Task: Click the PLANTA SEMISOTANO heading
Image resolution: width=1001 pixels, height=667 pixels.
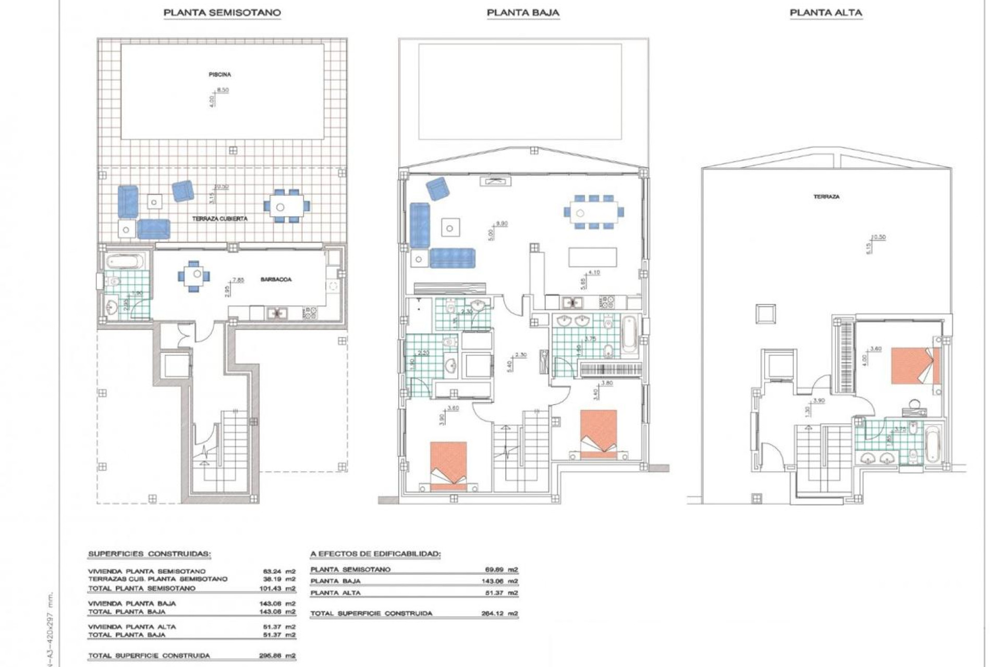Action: (222, 13)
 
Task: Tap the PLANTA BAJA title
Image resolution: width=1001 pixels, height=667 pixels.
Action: (523, 13)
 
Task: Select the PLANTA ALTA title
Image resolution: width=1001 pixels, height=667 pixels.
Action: (826, 13)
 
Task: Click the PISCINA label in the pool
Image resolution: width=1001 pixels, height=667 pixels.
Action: (219, 75)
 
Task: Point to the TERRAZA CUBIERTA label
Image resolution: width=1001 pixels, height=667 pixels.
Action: (219, 219)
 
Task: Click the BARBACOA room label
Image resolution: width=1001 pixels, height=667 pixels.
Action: (276, 280)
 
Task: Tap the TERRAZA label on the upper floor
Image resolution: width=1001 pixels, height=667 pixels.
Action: (826, 197)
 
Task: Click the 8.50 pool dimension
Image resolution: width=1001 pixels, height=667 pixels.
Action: (223, 90)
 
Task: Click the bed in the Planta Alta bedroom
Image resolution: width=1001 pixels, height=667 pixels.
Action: (915, 366)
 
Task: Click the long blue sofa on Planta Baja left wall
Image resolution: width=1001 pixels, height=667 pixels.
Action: (420, 225)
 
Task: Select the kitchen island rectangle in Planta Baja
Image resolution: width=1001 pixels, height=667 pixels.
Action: (592, 257)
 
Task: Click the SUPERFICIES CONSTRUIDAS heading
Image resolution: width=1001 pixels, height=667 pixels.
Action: (149, 554)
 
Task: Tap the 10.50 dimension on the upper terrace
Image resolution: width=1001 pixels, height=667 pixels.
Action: (878, 237)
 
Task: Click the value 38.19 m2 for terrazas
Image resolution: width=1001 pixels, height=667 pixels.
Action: (279, 579)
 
